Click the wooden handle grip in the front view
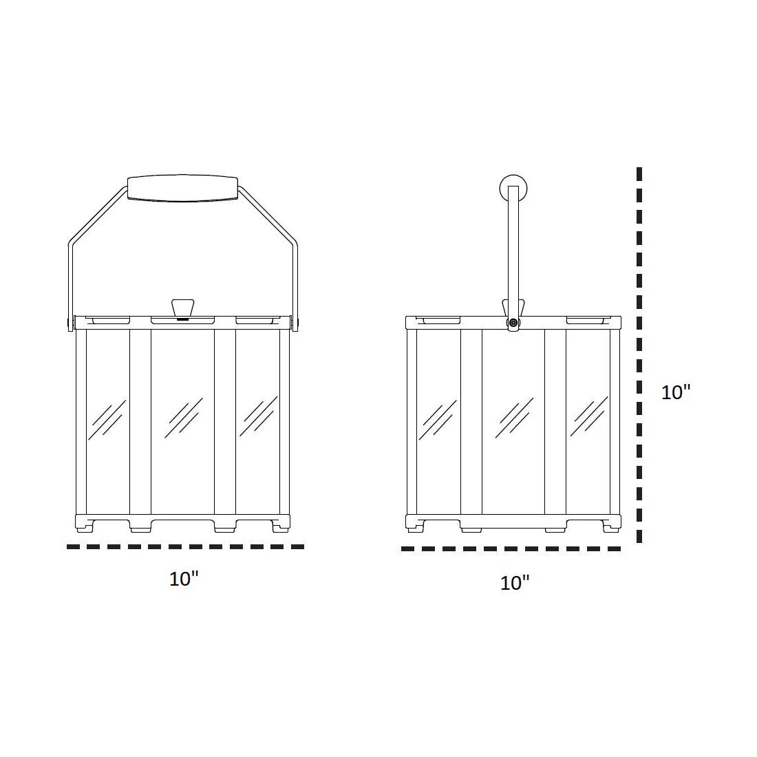click(x=182, y=189)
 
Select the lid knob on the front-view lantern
click(x=182, y=309)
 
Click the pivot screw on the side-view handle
click(x=513, y=323)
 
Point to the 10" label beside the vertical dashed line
click(x=676, y=392)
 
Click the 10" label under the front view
click(x=184, y=579)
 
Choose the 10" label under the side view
click(x=515, y=583)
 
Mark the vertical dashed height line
click(x=639, y=355)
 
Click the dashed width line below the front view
click(x=185, y=546)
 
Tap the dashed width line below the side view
click(x=511, y=548)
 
